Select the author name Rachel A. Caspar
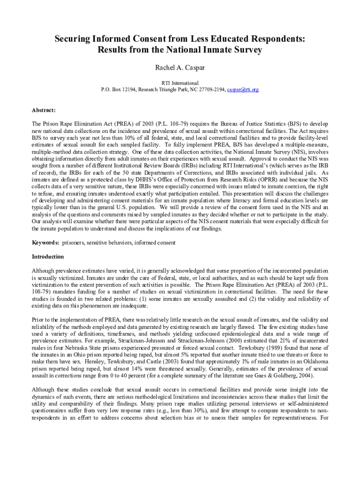(180, 68)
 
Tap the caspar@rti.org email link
(243, 89)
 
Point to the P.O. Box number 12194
(127, 89)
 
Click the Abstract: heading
(44, 110)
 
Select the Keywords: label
(45, 243)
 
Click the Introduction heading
(48, 257)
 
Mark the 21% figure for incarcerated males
(269, 341)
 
